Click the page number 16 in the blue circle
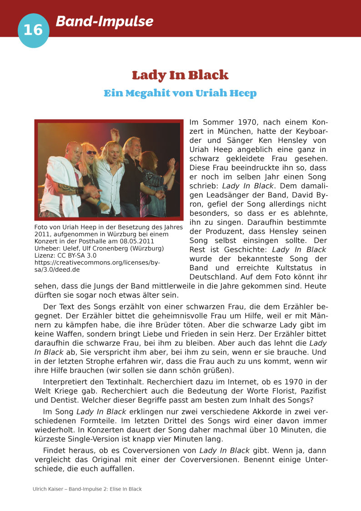33,30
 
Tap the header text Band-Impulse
104,21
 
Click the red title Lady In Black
180,75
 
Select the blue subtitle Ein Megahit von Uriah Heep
180,93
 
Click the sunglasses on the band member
91,152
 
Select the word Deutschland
213,277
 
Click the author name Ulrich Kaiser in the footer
48,489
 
